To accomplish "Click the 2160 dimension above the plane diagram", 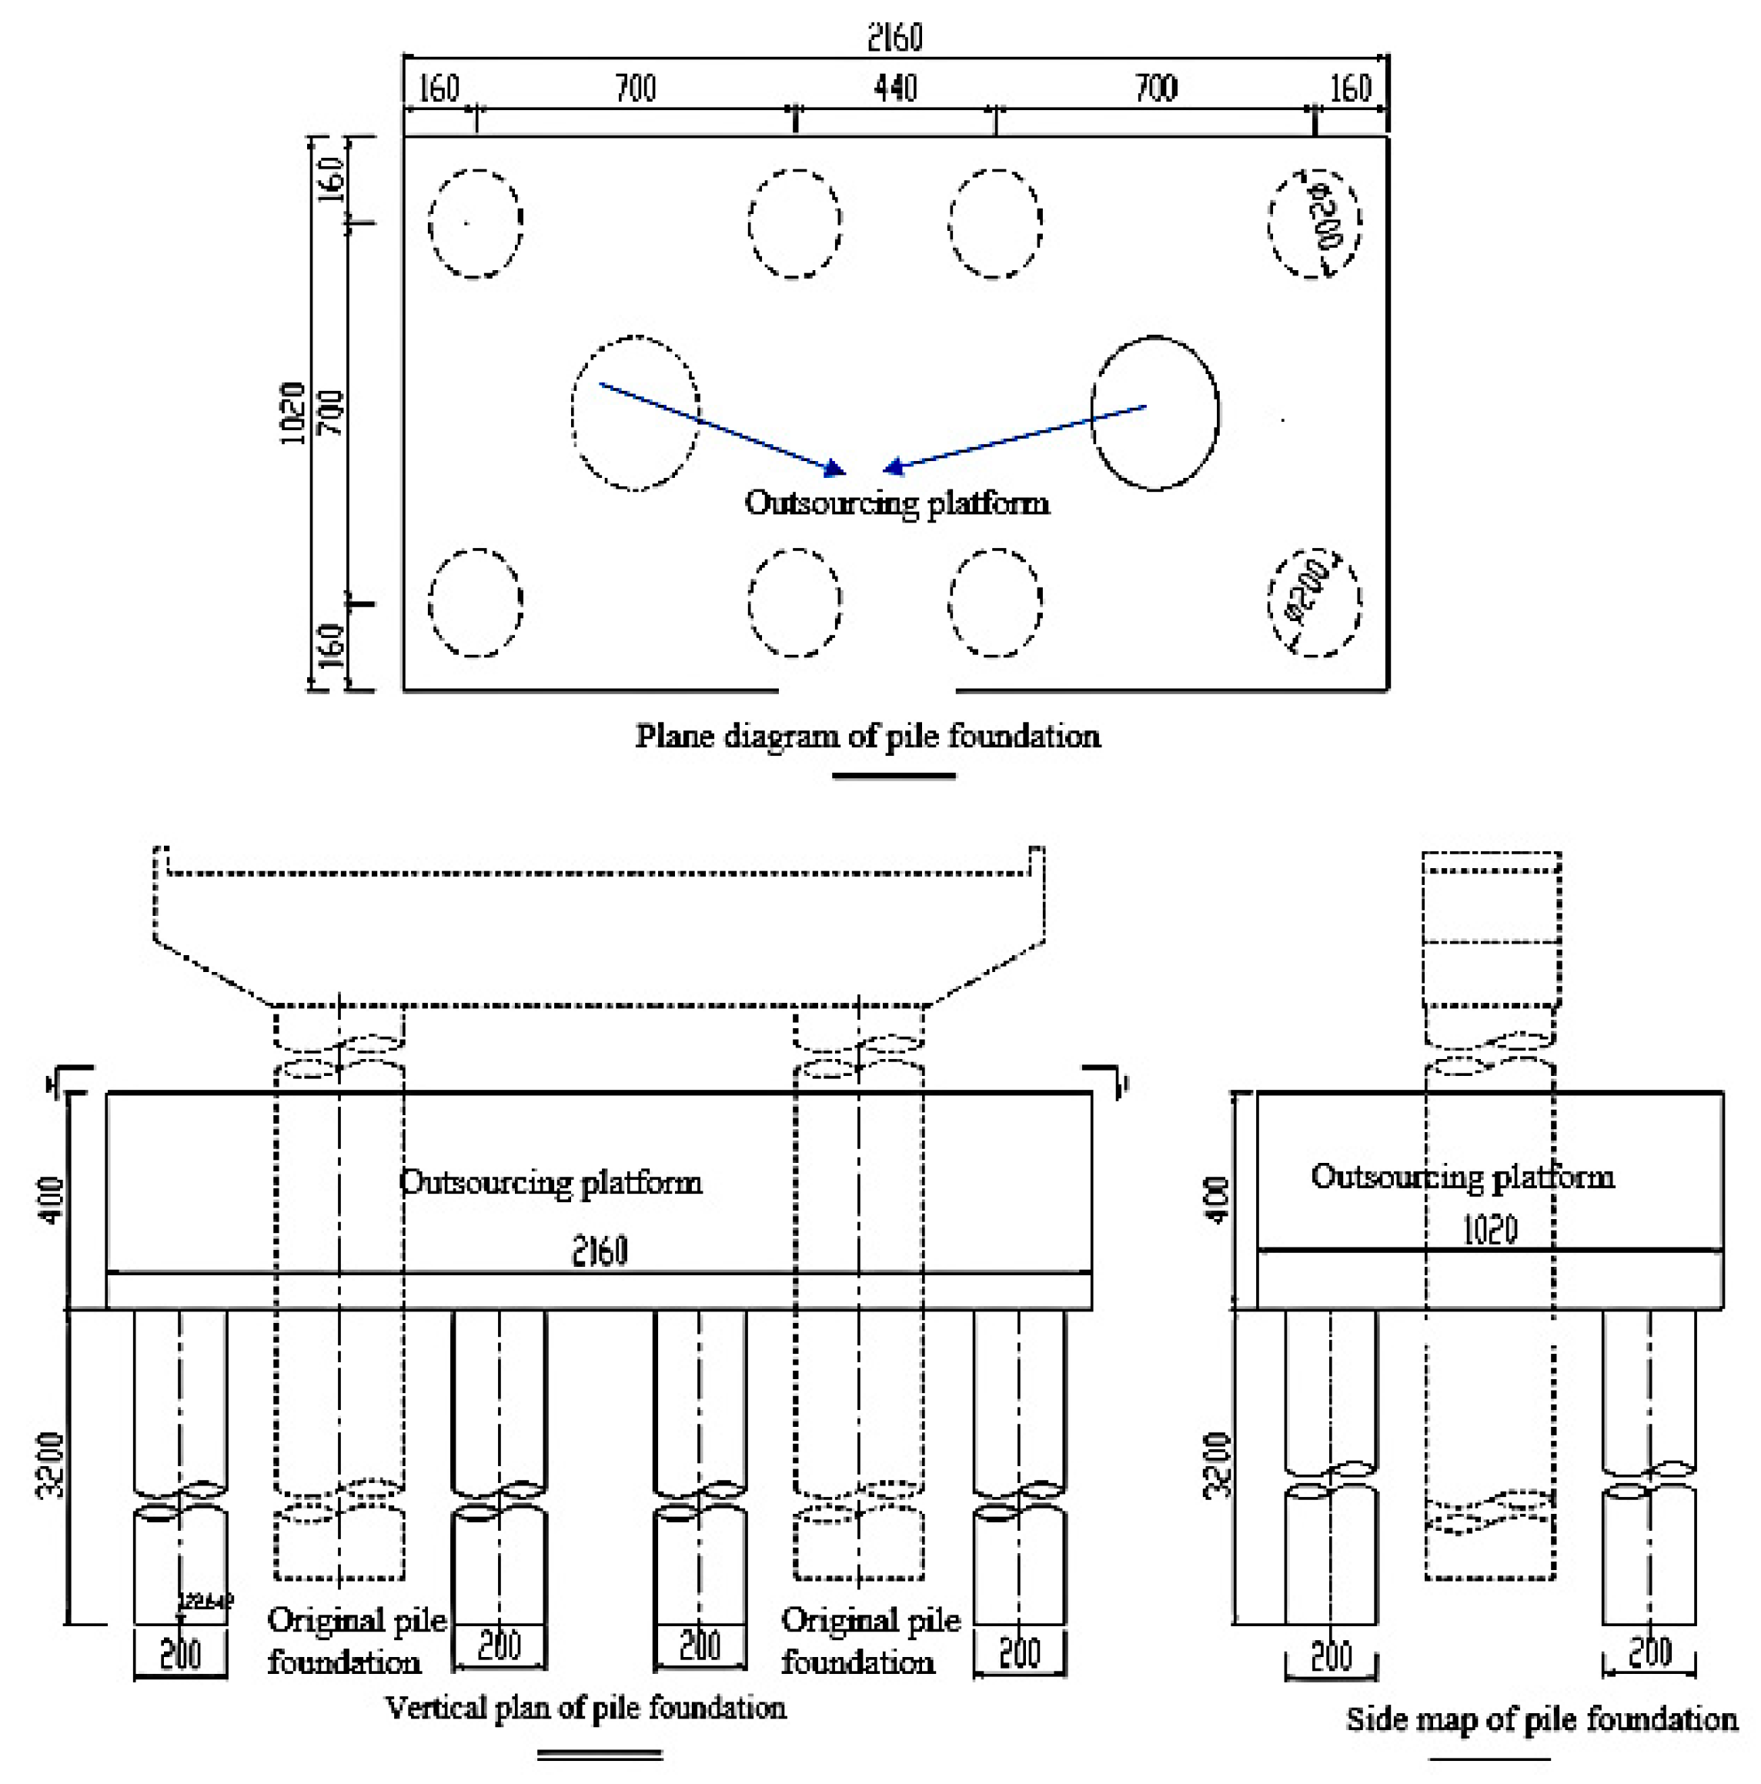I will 893,37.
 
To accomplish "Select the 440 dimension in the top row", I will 895,89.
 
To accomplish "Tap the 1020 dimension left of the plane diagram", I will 292,413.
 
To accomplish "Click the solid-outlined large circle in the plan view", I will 1155,413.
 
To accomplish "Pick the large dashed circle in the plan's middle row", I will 635,413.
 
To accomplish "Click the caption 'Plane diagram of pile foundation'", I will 867,737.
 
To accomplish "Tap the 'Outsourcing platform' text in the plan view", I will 897,503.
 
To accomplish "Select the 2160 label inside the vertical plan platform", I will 600,1251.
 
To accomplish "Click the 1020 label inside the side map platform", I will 1489,1230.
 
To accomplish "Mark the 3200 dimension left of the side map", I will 1219,1465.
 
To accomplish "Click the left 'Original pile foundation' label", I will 356,1641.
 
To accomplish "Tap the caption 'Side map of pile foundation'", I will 1541,1719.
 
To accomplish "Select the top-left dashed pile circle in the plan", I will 476,223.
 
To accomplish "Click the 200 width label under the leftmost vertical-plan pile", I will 180,1654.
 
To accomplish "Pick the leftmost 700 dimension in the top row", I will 635,89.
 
